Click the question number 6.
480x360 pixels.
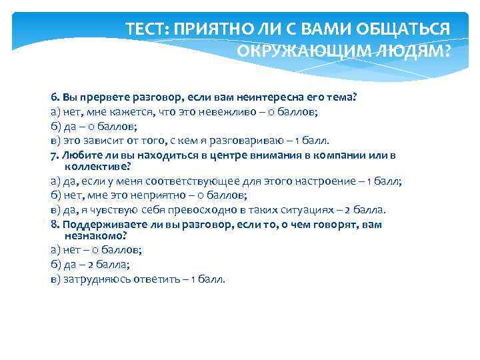pos(54,97)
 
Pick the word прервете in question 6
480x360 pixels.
pos(100,97)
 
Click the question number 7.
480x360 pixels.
pos(54,155)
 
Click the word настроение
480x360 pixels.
pos(329,181)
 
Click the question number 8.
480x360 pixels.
pos(54,225)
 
